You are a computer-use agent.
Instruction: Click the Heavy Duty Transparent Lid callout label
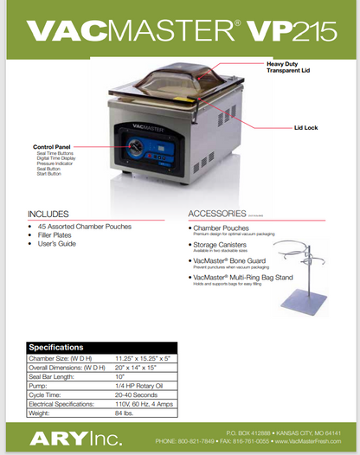coord(288,67)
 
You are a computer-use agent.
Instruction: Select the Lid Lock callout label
coord(305,127)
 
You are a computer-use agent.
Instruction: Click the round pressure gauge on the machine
coord(136,146)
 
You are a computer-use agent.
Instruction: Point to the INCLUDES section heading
coord(49,214)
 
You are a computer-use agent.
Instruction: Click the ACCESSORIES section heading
coord(217,214)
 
